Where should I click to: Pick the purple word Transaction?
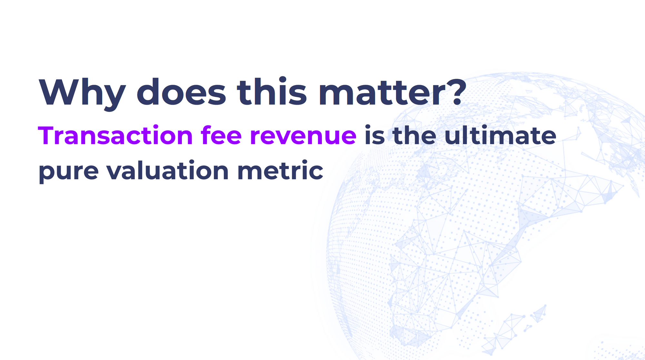click(115, 135)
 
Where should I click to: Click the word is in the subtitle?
click(375, 135)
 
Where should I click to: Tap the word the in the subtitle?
click(415, 135)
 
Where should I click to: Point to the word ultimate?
click(501, 135)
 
